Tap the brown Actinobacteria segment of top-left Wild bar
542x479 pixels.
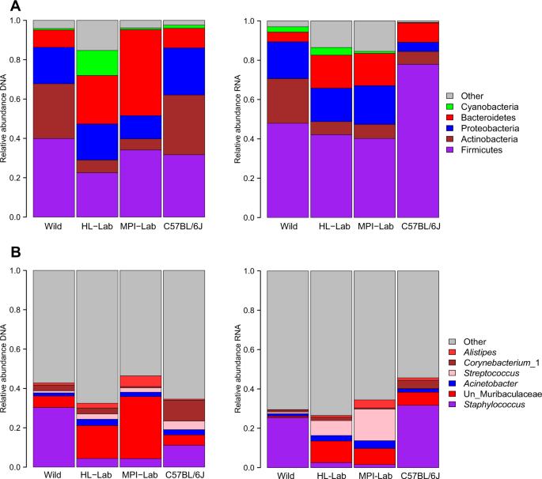click(54, 111)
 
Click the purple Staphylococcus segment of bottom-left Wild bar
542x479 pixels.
click(54, 436)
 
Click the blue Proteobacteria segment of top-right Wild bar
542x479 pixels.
click(288, 60)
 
